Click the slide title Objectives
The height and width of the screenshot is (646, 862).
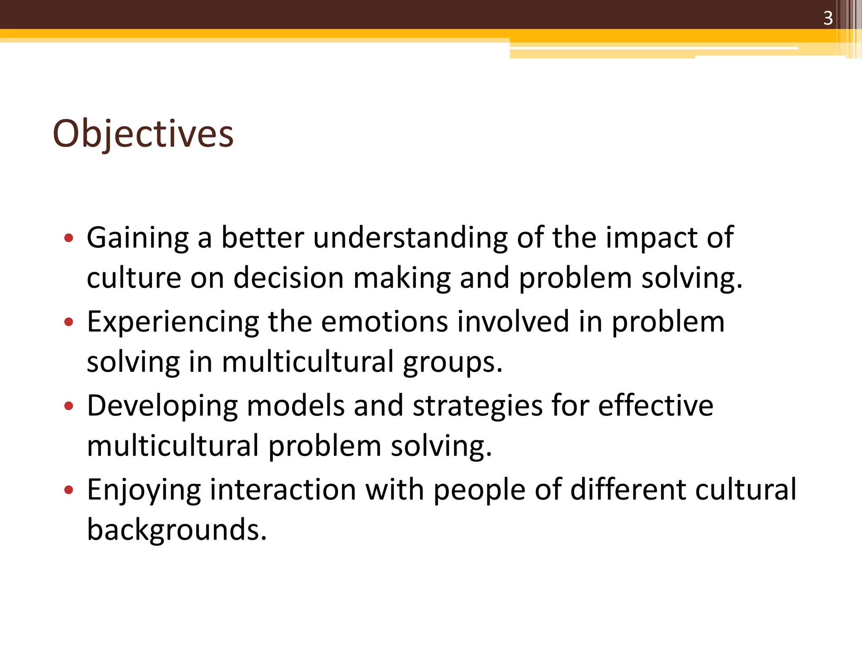point(143,134)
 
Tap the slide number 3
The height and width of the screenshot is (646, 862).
point(827,18)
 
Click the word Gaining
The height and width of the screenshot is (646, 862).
point(138,238)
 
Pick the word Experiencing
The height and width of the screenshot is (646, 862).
point(173,322)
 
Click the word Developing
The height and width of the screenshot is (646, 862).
point(162,406)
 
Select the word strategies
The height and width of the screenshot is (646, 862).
point(477,406)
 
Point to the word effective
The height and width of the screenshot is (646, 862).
point(655,405)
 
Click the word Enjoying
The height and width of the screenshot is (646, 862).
point(144,490)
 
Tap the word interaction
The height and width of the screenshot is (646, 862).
point(283,490)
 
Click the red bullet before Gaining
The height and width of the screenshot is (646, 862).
point(69,238)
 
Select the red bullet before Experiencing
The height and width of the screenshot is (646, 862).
point(69,322)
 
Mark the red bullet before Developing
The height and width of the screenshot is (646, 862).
point(69,406)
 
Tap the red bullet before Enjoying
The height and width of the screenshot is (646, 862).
point(69,490)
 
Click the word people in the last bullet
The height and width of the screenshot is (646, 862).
point(479,490)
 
